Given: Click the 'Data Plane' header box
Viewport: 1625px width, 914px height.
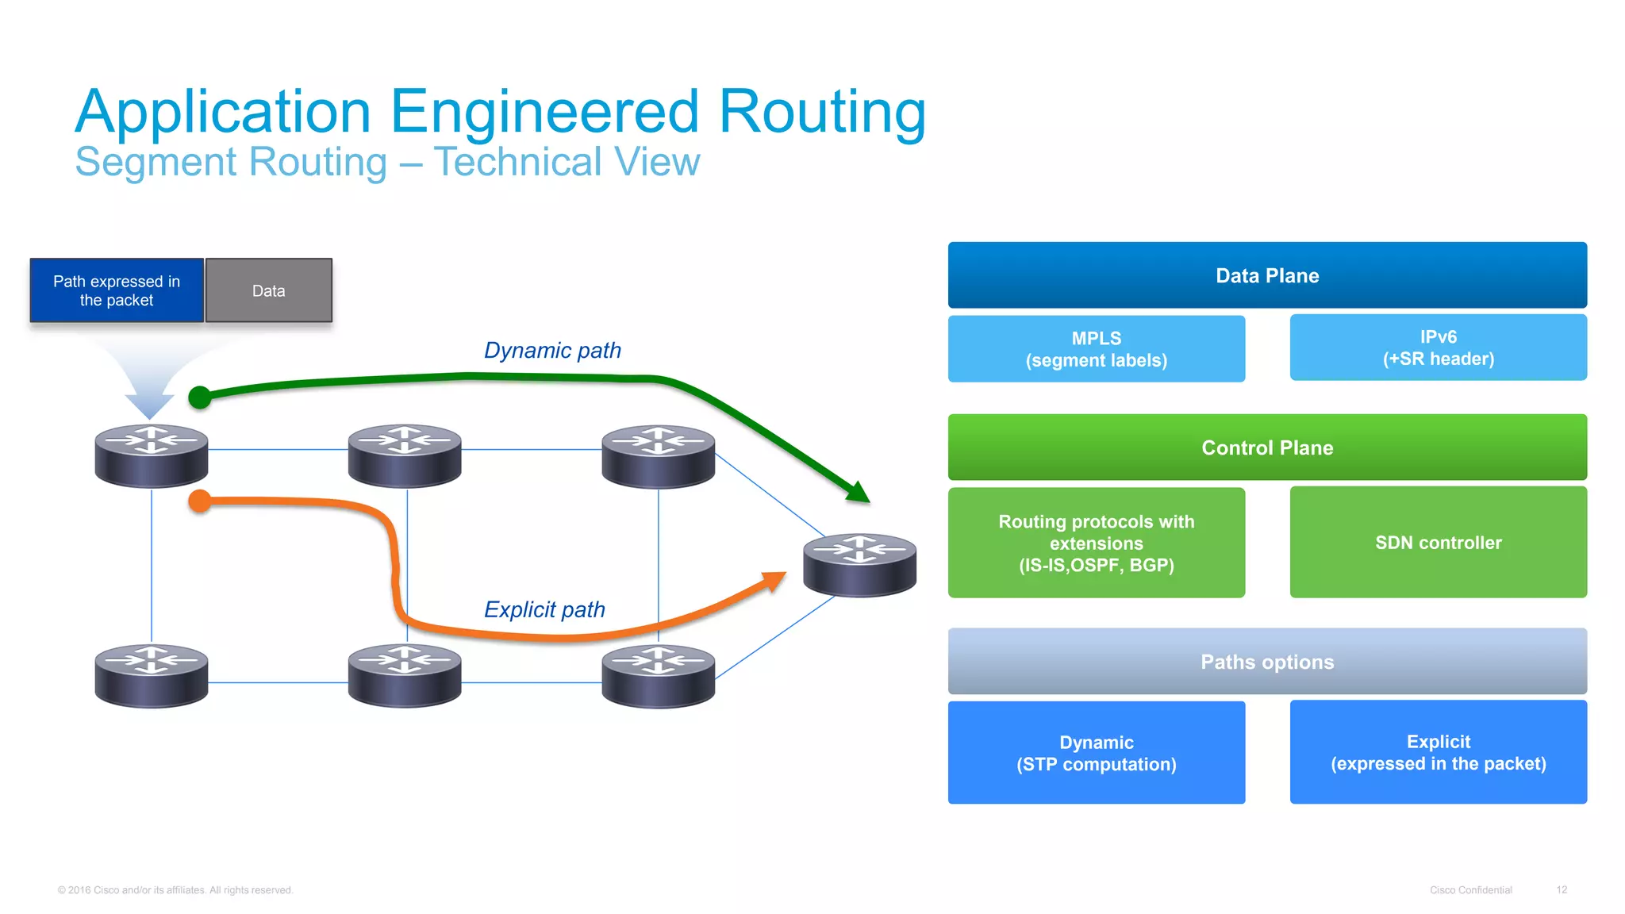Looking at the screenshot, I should coord(1266,275).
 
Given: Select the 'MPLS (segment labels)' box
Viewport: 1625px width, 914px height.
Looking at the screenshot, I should coord(1096,349).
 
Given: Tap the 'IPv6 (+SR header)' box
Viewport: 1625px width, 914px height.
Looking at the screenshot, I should coord(1437,348).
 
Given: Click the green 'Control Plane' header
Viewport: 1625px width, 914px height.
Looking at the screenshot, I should coord(1266,447).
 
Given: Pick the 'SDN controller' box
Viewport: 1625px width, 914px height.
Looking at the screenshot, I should coord(1437,543).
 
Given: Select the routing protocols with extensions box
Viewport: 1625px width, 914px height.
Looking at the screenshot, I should coord(1096,543).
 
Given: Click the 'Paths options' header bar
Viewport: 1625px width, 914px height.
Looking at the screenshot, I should coord(1266,662).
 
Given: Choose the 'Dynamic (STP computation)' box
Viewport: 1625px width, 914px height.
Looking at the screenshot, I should coord(1096,753).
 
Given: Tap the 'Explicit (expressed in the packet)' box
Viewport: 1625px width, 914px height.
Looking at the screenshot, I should coord(1437,752).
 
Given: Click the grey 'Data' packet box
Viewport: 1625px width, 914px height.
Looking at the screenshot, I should coord(268,290).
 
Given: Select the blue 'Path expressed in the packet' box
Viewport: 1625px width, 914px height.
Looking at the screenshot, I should coord(117,290).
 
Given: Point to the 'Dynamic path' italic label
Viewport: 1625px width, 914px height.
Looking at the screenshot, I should coord(552,350).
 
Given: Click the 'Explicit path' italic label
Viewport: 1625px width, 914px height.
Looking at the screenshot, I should coord(544,609).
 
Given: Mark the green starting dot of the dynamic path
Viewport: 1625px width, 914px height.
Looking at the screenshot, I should coord(200,397).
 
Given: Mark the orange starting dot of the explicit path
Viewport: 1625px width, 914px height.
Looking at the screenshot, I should coord(200,501).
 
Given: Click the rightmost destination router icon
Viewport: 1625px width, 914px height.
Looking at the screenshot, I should coord(859,564).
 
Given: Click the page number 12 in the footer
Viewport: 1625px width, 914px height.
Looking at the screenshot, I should coord(1561,889).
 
